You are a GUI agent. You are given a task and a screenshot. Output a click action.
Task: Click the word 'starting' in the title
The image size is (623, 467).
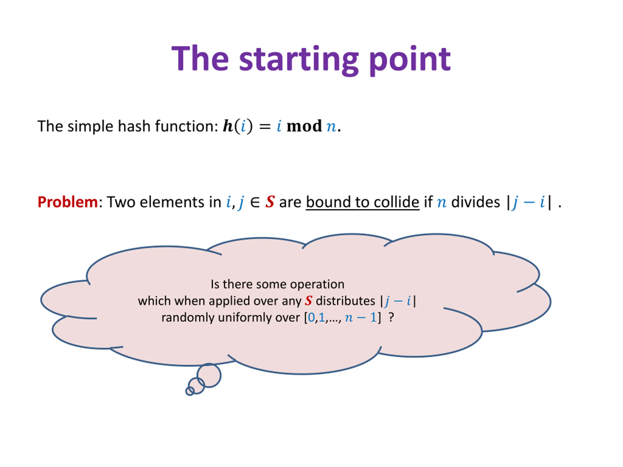point(299,60)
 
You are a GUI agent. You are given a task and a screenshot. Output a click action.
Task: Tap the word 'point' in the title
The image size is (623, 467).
point(410,60)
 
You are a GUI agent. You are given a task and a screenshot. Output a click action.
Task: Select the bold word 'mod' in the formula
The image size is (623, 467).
point(304,126)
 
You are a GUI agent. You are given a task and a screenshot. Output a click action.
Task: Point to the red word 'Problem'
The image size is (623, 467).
point(68,202)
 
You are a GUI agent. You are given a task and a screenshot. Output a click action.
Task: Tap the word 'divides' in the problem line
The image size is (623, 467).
point(476,202)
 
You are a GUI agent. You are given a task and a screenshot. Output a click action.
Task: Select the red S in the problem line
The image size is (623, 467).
point(270,202)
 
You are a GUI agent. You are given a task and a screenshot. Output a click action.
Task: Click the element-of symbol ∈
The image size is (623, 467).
point(255,202)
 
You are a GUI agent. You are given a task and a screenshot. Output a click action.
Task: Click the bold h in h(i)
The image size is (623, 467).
point(228,126)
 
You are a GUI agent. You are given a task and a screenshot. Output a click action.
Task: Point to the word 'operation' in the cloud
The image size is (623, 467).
point(317,284)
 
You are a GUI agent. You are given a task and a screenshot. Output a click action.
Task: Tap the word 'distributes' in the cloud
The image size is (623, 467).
point(345,301)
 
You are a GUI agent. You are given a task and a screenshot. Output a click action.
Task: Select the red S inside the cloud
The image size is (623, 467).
point(308,301)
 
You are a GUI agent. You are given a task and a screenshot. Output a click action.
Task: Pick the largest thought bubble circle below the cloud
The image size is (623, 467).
point(209,376)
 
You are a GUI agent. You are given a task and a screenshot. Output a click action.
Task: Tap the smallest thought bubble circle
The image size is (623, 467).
point(190,391)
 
